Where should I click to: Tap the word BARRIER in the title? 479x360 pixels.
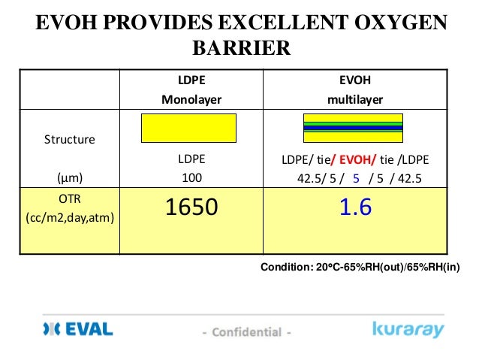click(x=241, y=50)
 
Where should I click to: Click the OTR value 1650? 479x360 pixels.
click(x=190, y=207)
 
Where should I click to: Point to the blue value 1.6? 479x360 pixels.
click(x=355, y=207)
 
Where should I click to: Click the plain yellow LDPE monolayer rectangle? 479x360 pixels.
click(x=189, y=128)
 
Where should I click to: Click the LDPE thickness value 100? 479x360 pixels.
click(x=191, y=179)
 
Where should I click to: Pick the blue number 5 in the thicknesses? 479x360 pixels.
click(x=357, y=179)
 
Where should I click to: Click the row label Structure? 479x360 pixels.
click(x=68, y=139)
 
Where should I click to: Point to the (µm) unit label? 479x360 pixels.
click(x=68, y=179)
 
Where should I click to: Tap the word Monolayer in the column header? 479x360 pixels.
click(x=191, y=98)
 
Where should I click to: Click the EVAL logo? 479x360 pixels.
click(x=77, y=329)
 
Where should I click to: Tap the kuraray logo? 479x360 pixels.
click(x=408, y=329)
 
